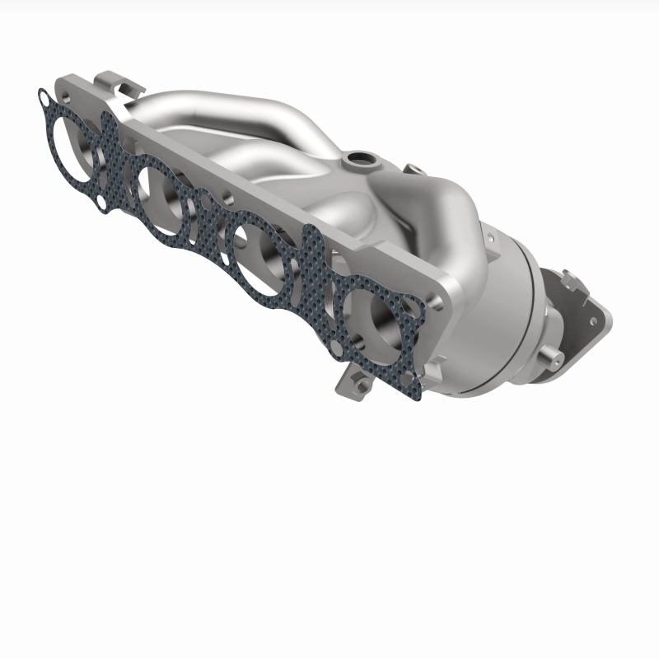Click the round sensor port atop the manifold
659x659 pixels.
click(x=358, y=157)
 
